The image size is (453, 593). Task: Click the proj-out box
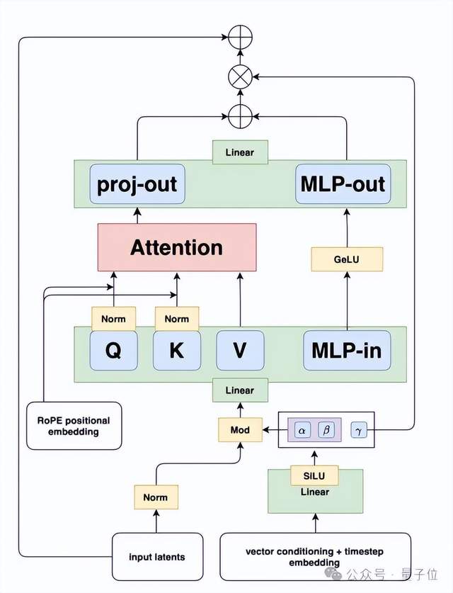tap(137, 184)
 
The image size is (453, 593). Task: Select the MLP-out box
tap(343, 184)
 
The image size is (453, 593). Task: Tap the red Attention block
tap(176, 247)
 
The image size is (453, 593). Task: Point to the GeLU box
tap(347, 259)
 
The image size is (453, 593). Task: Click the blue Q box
tap(113, 350)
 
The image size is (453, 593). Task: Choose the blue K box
tap(176, 350)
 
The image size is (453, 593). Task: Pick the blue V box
tap(240, 350)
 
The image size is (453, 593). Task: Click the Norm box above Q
tap(113, 319)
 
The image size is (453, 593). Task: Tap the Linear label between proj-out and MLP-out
tap(240, 152)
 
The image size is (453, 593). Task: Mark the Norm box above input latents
tap(156, 497)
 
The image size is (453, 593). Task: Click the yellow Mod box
tap(240, 429)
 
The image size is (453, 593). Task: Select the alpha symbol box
tap(303, 429)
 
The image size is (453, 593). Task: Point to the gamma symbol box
tap(359, 429)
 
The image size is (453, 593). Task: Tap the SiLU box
tap(315, 475)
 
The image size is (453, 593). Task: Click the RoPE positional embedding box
tap(74, 425)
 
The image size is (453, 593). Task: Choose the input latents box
tap(156, 557)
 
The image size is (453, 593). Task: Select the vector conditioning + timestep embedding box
tap(315, 557)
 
